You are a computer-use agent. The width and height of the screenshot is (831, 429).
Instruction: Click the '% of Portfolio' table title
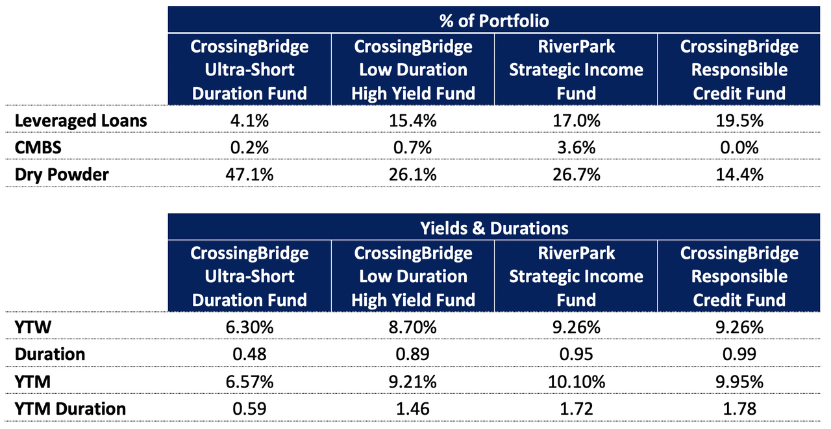point(493,21)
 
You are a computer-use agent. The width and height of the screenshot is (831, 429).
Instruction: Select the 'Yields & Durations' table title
point(493,228)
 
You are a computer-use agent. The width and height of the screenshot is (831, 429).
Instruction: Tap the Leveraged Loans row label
point(81,121)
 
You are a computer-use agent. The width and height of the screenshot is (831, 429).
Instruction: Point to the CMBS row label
point(38,148)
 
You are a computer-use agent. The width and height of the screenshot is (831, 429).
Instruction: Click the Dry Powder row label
point(62,174)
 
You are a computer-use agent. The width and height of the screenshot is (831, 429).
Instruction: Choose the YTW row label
point(30,328)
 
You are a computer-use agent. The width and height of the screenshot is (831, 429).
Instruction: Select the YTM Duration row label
point(71,409)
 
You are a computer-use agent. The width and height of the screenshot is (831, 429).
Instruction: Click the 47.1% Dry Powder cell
point(249,174)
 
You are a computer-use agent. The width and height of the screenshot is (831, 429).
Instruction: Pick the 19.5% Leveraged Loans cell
point(739,121)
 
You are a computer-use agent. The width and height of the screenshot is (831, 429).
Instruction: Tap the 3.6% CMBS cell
point(576,148)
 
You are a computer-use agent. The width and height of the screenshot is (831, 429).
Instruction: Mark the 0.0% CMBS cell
point(739,148)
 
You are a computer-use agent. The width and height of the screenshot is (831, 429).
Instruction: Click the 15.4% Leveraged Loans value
point(413,121)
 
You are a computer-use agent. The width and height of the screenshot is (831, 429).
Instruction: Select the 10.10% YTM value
point(576,382)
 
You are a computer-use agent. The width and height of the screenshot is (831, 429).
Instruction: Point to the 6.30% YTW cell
point(249,328)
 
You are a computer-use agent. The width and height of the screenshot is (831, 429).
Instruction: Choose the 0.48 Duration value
point(249,355)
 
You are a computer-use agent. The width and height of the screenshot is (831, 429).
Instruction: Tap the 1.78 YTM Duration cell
point(739,409)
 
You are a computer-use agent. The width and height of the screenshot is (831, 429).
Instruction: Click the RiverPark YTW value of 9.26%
point(576,328)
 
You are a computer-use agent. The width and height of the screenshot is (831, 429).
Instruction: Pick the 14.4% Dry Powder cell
point(739,174)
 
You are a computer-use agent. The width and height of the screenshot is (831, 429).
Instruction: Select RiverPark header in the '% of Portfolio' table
point(576,70)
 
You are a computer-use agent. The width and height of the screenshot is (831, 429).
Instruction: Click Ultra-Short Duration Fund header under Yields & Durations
point(249,276)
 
